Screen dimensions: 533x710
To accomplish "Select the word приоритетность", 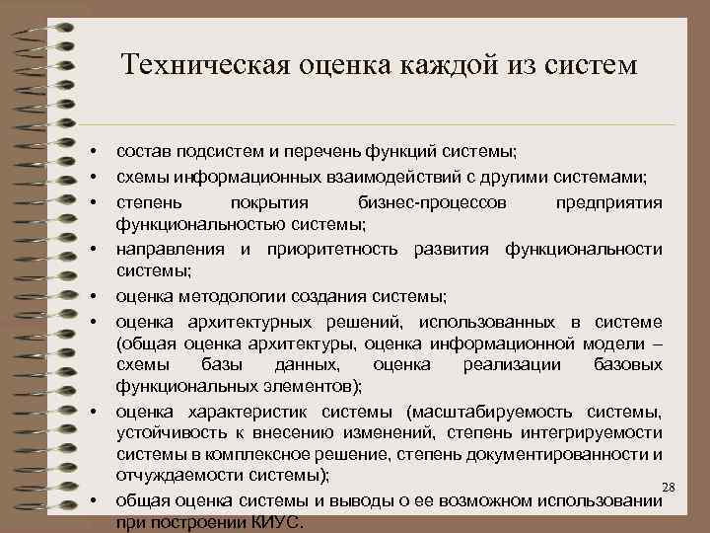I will (x=329, y=248).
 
